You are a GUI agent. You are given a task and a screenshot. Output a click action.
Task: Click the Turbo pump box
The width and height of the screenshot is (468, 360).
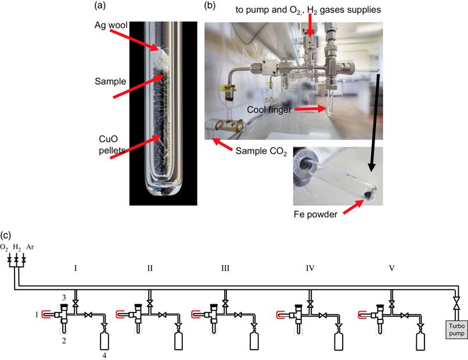[456, 330]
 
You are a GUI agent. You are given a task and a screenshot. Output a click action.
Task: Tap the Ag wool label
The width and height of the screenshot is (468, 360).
[111, 25]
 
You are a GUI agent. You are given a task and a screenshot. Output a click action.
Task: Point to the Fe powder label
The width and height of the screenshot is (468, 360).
[315, 214]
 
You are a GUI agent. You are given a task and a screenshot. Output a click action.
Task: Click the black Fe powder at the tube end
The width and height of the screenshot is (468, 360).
[369, 195]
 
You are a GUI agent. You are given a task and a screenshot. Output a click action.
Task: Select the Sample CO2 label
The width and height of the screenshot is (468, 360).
[261, 151]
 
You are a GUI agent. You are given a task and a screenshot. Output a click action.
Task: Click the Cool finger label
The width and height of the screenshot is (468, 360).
[269, 110]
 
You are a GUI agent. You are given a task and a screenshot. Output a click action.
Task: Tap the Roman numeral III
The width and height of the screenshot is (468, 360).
[225, 268]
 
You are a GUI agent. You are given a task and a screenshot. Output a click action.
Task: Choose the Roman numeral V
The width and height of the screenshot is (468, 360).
[392, 268]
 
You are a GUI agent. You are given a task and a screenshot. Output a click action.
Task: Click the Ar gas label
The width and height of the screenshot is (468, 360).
[30, 247]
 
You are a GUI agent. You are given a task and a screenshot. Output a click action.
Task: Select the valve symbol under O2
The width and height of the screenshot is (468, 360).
[9, 258]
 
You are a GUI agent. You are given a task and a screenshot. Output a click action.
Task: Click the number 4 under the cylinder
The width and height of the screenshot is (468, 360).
[104, 355]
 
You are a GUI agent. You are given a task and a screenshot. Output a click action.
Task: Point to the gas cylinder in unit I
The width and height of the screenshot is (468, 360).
[104, 341]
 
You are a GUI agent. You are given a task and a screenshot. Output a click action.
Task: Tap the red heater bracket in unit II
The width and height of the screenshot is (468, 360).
[120, 314]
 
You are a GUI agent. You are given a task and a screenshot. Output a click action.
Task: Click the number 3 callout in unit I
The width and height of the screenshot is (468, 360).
[64, 297]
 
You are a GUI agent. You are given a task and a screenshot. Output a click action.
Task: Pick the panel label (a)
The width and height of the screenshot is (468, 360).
[100, 5]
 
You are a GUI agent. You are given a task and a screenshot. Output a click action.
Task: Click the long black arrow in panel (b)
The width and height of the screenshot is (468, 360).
[375, 123]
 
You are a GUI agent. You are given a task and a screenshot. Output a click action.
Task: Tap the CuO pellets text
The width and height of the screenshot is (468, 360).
[112, 145]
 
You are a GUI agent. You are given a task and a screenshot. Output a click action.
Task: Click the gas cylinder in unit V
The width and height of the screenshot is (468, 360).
[420, 341]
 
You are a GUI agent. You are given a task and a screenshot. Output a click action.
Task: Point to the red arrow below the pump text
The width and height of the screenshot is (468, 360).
[310, 26]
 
